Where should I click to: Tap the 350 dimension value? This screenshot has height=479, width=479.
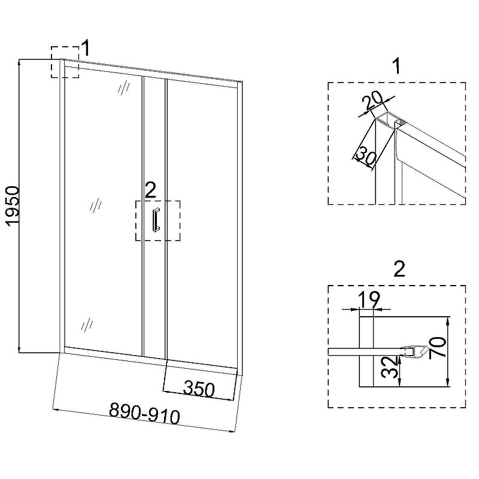pyautogui.click(x=198, y=389)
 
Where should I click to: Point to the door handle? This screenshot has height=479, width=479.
pyautogui.click(x=156, y=220)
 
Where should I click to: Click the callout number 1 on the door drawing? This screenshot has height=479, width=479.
pyautogui.click(x=86, y=47)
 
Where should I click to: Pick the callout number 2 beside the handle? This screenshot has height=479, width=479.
pyautogui.click(x=150, y=190)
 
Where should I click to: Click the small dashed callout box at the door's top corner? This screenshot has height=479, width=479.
pyautogui.click(x=65, y=62)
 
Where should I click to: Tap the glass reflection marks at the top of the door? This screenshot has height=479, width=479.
pyautogui.click(x=124, y=88)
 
